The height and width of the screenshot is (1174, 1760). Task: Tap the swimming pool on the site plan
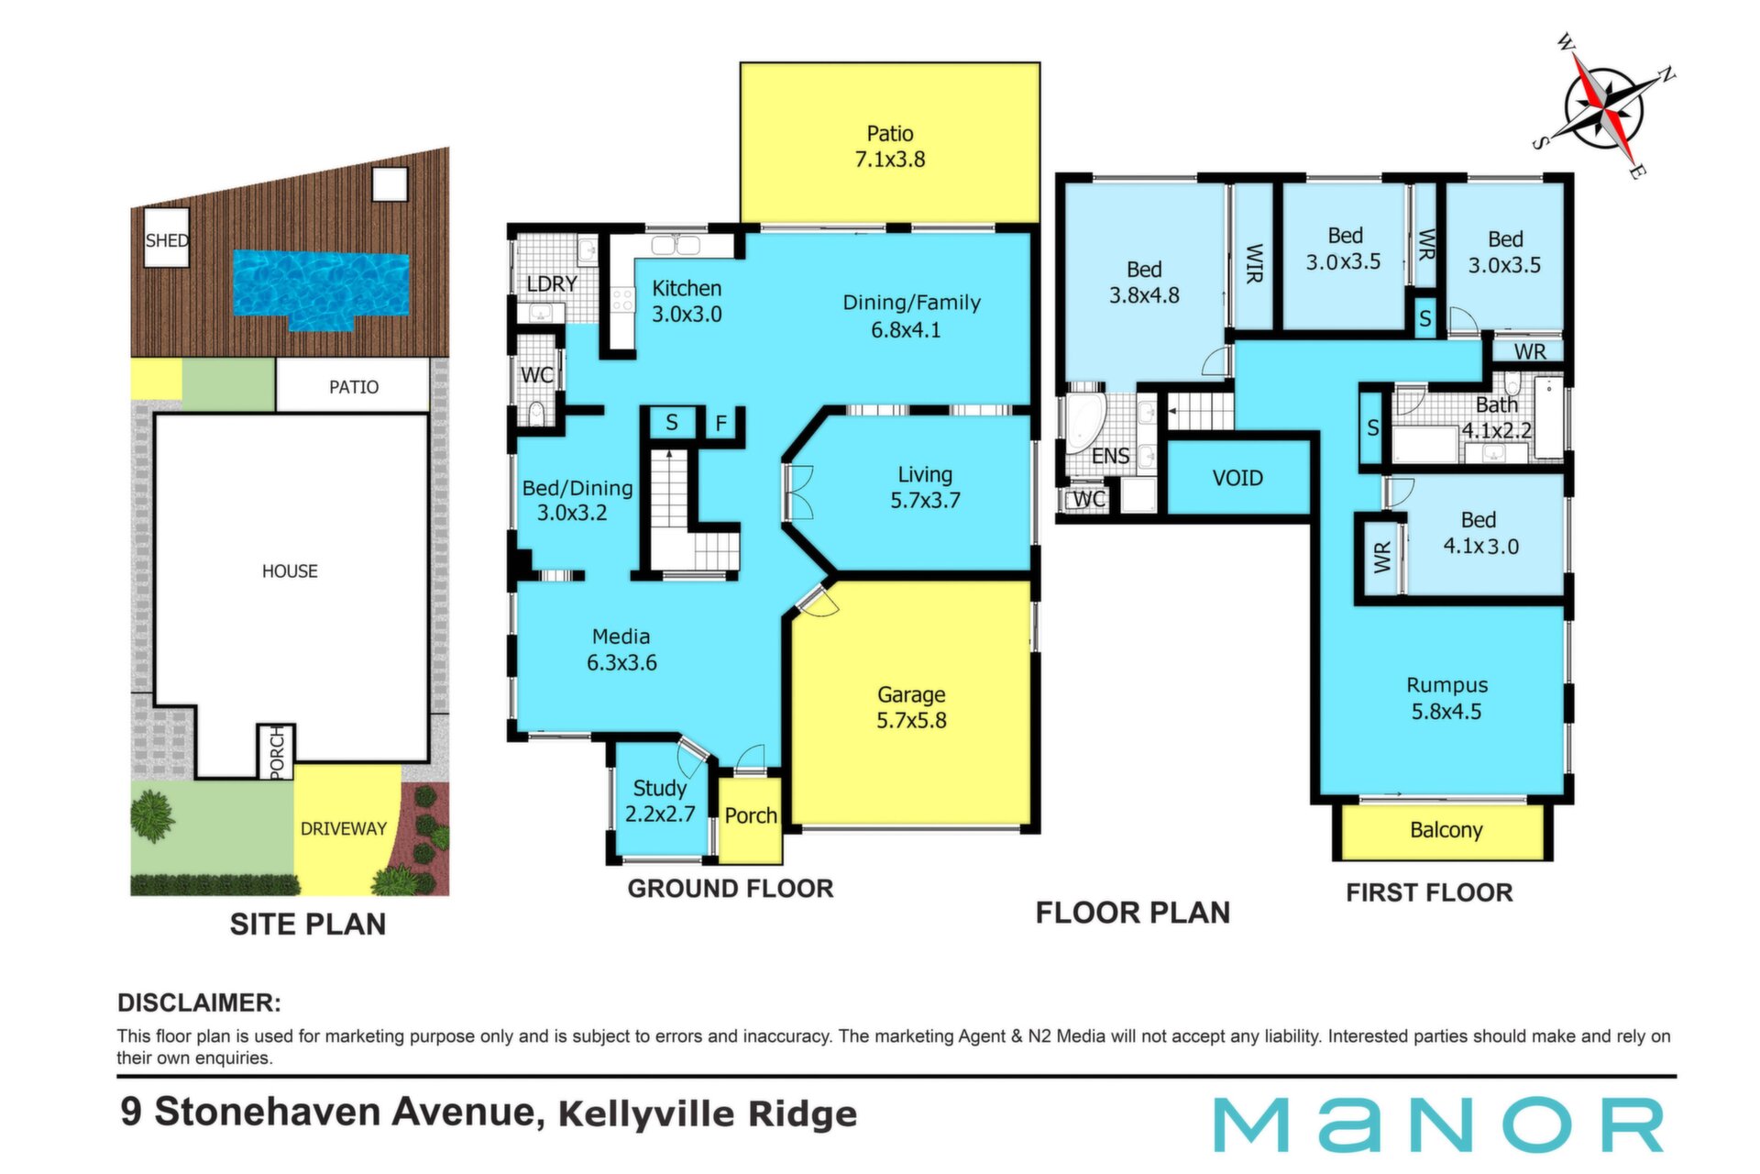(x=320, y=286)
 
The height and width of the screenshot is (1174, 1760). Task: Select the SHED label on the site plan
(x=167, y=240)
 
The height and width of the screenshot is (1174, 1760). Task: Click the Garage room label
(x=911, y=708)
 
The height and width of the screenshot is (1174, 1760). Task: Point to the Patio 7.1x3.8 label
(x=890, y=147)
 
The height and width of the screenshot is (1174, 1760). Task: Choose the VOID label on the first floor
(x=1237, y=478)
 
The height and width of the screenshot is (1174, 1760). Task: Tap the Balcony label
(x=1446, y=830)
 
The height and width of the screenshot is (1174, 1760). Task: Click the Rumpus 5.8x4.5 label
(x=1446, y=698)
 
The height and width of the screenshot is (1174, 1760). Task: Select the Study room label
(x=660, y=801)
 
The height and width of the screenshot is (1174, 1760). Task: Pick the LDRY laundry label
(x=552, y=284)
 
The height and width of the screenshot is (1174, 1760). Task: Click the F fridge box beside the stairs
(x=721, y=424)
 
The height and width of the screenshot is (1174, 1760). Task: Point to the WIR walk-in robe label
(x=1254, y=263)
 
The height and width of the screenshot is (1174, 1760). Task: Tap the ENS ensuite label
(x=1110, y=456)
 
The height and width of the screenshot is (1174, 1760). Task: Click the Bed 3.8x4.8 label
(x=1144, y=282)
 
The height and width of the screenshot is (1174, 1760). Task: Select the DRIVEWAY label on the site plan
(x=344, y=828)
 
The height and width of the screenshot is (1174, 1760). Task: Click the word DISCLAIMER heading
(x=199, y=1002)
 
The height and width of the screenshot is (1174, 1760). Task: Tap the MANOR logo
(x=1438, y=1124)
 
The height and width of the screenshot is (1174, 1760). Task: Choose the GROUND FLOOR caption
(x=731, y=889)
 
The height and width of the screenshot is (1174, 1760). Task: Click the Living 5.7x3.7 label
(x=925, y=487)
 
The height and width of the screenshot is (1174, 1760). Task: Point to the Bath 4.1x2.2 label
(x=1496, y=417)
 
